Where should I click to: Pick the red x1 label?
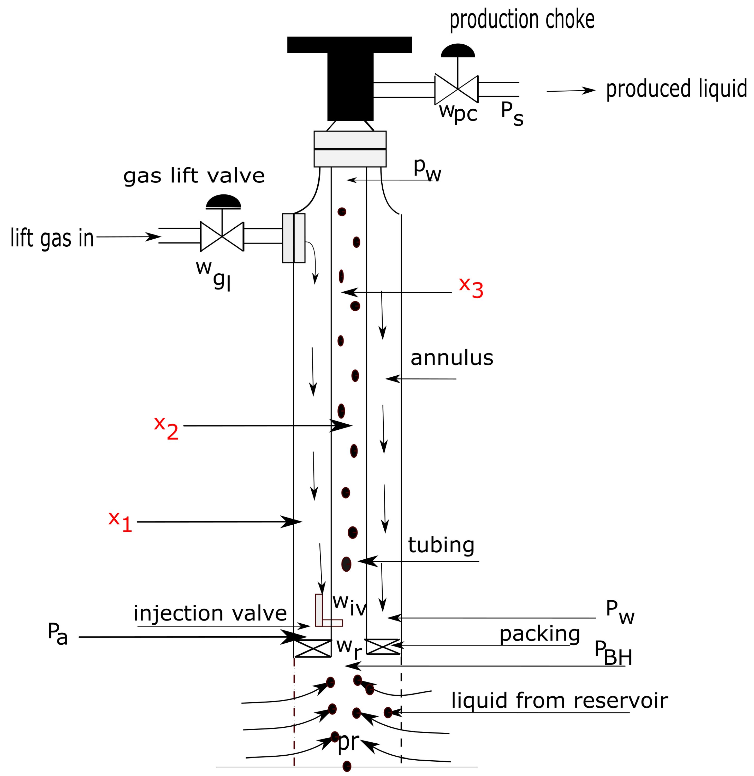120,522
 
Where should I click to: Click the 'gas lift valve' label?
194,176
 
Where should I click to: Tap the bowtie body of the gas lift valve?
222,236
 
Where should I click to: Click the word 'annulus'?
452,358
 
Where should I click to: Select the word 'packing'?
539,634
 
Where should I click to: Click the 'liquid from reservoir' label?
560,701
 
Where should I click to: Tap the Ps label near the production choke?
512,113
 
